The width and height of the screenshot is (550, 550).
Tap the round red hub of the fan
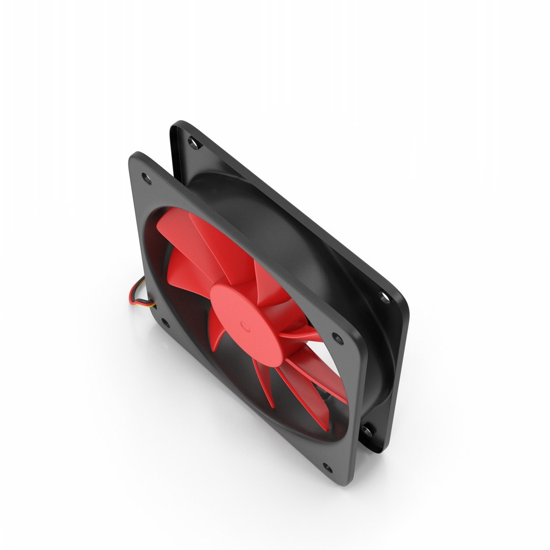[239, 311]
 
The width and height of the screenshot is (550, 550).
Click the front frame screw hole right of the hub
[336, 337]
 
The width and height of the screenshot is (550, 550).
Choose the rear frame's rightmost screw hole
[382, 296]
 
